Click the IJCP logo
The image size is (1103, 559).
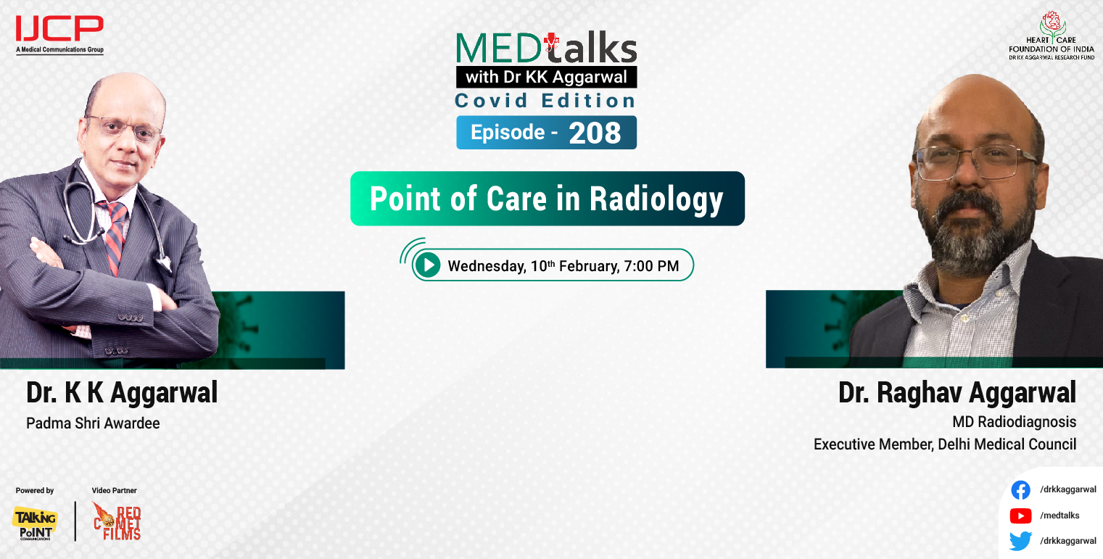[x=59, y=33]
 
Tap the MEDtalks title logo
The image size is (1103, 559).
[x=546, y=49]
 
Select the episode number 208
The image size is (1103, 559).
[x=594, y=133]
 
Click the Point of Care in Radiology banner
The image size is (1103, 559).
[x=547, y=199]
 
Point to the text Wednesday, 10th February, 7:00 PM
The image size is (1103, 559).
[x=563, y=265]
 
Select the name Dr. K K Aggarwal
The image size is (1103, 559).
[x=122, y=393]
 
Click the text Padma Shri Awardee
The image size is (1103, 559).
[x=93, y=423]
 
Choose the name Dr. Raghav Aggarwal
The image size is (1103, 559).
[x=957, y=393]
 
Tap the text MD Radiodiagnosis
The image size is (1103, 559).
[x=1014, y=421]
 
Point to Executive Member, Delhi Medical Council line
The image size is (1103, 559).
[x=944, y=444]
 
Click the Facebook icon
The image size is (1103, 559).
[x=1020, y=491]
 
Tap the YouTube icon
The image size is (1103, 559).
[x=1020, y=515]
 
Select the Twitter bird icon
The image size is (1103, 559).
[x=1020, y=541]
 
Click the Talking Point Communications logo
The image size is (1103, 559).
[x=35, y=522]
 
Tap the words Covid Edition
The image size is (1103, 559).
[x=545, y=101]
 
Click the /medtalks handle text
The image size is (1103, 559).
[x=1059, y=515]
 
